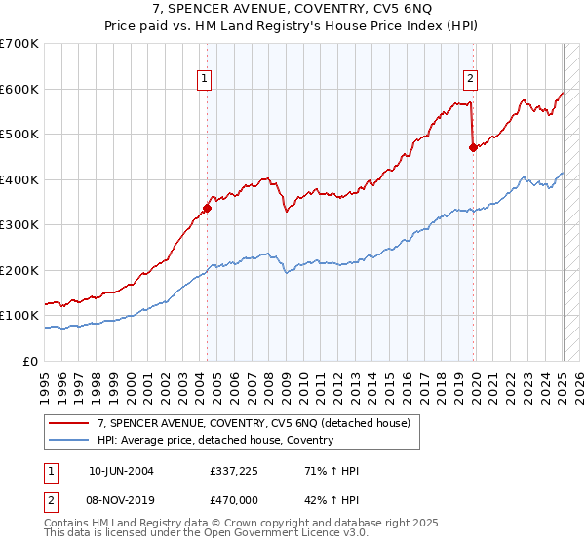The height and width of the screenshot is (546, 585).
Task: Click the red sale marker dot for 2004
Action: [x=207, y=208]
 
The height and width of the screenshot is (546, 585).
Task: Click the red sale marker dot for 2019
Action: [x=473, y=147]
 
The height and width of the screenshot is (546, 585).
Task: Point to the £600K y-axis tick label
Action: [x=19, y=89]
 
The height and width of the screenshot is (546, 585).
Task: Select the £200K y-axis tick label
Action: [x=19, y=270]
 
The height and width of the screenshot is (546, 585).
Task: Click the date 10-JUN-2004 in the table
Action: [x=121, y=471]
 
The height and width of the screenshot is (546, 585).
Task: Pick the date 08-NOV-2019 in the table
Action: [x=121, y=498]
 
